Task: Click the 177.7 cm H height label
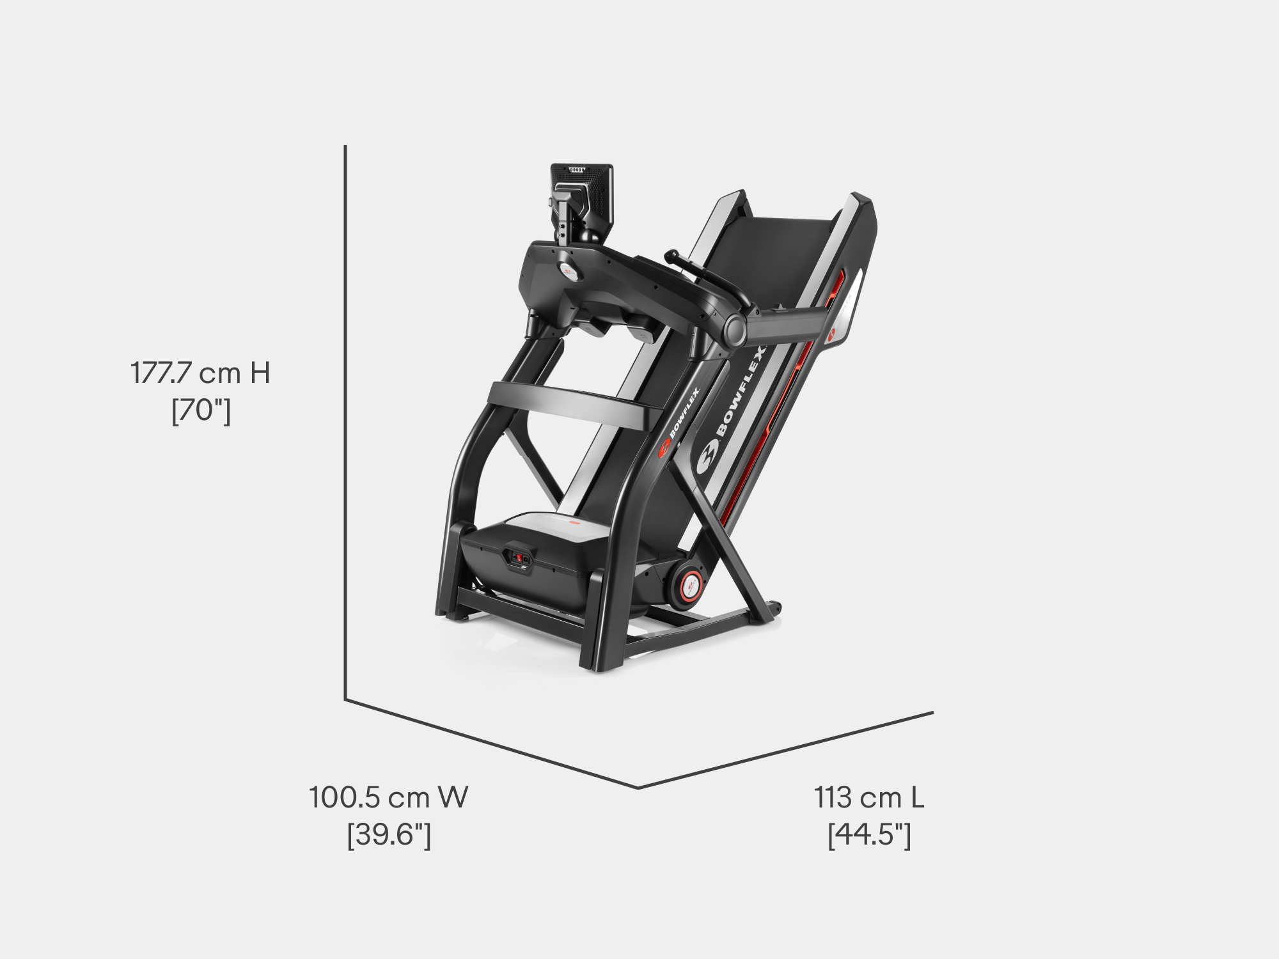coord(200,373)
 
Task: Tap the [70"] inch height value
coord(201,410)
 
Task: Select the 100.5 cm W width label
coord(389,797)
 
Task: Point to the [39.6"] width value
coord(389,835)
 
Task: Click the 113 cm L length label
coord(869,797)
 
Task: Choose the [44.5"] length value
coord(869,835)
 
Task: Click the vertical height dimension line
coord(345,423)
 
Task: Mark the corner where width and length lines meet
coord(638,787)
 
